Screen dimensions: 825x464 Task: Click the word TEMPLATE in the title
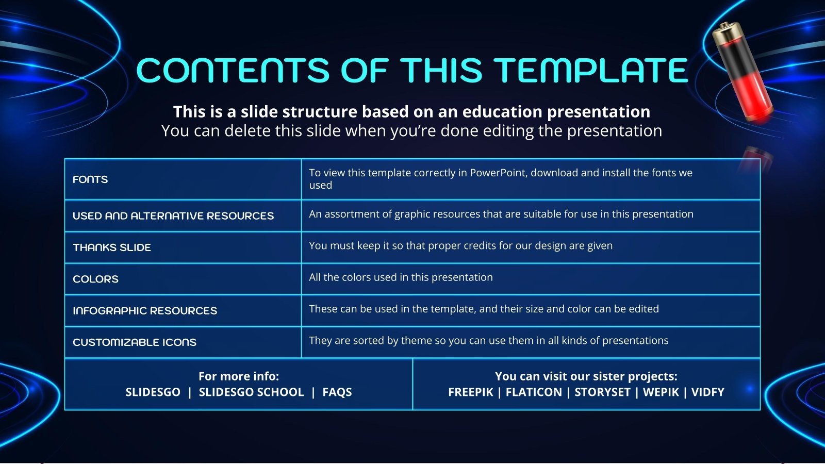590,70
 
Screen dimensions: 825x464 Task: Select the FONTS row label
90,179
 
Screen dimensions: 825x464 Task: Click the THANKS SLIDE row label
112,247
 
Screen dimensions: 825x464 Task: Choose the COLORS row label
96,279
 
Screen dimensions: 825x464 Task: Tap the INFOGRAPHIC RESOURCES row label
145,311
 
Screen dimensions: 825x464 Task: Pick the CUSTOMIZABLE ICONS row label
135,342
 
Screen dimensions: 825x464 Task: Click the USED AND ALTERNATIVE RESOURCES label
173,216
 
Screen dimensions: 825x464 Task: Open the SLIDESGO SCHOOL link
252,392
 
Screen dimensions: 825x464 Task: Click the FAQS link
337,392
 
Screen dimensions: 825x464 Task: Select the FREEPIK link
471,392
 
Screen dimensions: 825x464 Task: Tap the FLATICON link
534,392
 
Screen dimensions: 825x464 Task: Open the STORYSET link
603,392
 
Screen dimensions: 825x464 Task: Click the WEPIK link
661,392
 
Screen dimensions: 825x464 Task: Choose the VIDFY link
708,392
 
